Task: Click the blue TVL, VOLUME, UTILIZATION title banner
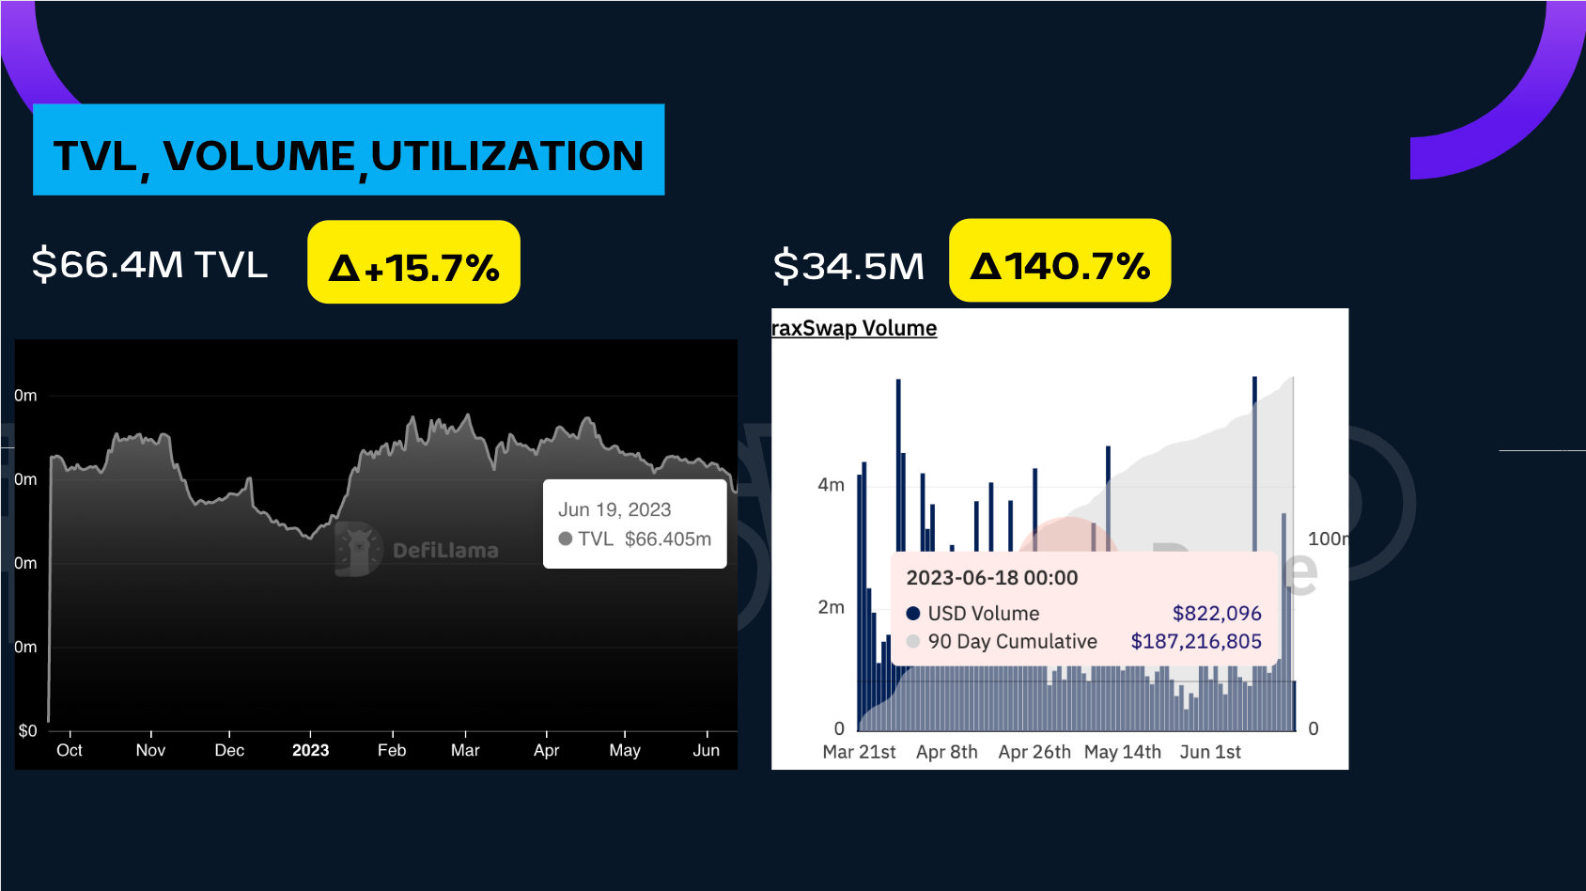tap(349, 150)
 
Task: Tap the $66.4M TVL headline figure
tap(149, 264)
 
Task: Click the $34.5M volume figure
tap(848, 266)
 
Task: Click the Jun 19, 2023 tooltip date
tap(614, 509)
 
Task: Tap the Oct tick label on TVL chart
tap(70, 750)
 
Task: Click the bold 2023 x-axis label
tap(310, 750)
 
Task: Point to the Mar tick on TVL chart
tap(465, 750)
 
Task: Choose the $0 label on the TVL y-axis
tap(28, 730)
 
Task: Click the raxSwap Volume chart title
tap(854, 328)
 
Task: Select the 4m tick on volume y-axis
tap(831, 485)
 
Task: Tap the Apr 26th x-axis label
tap(1034, 752)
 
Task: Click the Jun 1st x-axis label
tap(1210, 752)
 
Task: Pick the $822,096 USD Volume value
tap(1217, 614)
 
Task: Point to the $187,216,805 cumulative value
tap(1196, 642)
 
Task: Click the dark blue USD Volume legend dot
tap(913, 614)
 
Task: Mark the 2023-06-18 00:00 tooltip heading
tap(992, 578)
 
